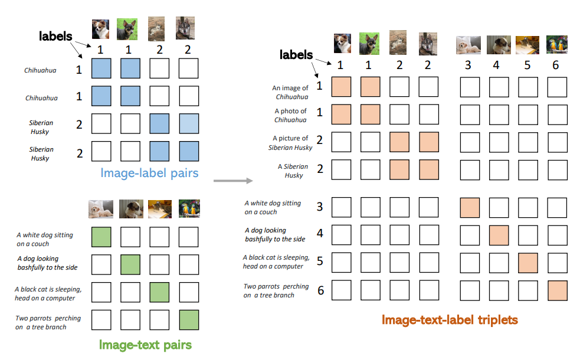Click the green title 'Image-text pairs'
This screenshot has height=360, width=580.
(x=145, y=345)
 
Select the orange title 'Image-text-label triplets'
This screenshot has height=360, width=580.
(x=449, y=320)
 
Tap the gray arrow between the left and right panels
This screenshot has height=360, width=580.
(x=232, y=180)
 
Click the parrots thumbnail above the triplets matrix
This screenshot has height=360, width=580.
(x=556, y=45)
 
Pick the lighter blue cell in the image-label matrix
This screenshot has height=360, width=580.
(x=189, y=125)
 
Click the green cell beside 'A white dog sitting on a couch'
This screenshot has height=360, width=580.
(x=101, y=237)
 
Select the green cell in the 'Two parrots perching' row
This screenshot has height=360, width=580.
(x=189, y=320)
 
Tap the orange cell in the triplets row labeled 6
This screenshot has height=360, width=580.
(x=556, y=291)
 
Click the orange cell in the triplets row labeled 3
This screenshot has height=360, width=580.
(x=470, y=208)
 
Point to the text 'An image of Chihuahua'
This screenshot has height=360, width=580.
(x=290, y=92)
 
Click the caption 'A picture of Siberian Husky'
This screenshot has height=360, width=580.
(x=290, y=143)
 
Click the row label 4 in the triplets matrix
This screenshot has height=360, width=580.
(x=320, y=233)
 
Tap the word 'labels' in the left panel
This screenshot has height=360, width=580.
(x=55, y=36)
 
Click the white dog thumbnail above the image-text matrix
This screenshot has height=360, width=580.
(x=101, y=208)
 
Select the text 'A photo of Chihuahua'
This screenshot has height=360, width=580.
(x=290, y=115)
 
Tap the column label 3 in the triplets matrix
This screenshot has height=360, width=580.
(x=468, y=65)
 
